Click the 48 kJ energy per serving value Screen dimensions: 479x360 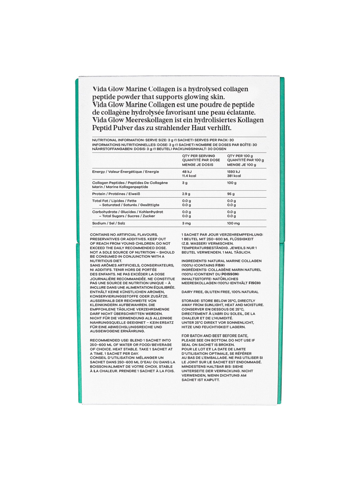pos(187,172)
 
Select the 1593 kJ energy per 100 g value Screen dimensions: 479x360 pos(233,172)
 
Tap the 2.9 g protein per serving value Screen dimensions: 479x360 pos(186,194)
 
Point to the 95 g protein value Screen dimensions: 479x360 pos(231,194)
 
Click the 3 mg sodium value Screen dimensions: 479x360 pos(186,223)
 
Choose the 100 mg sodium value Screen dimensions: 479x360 pos(233,223)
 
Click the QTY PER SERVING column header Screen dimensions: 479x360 pos(198,156)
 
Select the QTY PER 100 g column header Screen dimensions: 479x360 pos(240,156)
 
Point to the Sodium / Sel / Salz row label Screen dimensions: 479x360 pos(109,223)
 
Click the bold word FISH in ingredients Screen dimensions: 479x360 pos(220,265)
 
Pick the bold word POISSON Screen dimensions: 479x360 pos(230,274)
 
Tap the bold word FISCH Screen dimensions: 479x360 pos(254,283)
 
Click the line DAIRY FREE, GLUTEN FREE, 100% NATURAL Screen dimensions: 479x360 pos(220,292)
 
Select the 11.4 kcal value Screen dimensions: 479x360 pos(189,176)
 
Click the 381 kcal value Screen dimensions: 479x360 pos(234,176)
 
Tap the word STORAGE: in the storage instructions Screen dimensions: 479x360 pos(190,301)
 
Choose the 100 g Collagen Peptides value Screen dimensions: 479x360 pos(232,183)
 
